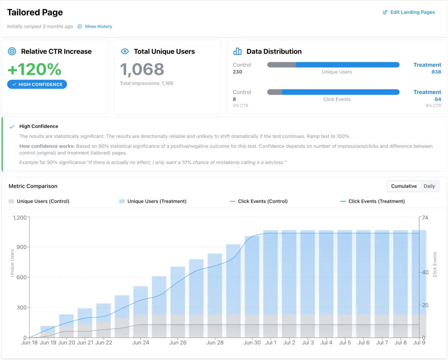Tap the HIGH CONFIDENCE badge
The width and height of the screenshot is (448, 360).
[x=37, y=84]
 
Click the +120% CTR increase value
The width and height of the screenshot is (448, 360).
[x=34, y=69]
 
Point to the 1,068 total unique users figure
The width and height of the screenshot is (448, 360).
[x=142, y=69]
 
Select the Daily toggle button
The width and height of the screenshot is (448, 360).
[x=429, y=186]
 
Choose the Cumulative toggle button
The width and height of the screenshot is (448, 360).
[x=403, y=186]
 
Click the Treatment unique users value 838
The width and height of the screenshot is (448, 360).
[x=436, y=72]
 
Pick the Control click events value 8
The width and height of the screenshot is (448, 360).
[x=234, y=99]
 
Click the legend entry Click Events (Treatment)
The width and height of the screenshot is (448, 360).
[x=376, y=201]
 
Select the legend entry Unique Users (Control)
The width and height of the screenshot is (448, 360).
[x=43, y=201]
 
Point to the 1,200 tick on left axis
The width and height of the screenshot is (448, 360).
[x=20, y=218]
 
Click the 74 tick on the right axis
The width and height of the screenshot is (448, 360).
[x=425, y=218]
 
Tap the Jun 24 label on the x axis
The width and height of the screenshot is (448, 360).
[x=140, y=343]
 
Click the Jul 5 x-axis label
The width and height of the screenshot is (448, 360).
[x=345, y=343]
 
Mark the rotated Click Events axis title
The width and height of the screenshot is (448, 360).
[x=435, y=264]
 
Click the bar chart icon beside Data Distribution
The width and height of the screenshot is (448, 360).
[x=237, y=51]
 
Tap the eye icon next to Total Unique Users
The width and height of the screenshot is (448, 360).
[x=125, y=51]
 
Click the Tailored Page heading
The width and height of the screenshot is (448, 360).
[x=35, y=12]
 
